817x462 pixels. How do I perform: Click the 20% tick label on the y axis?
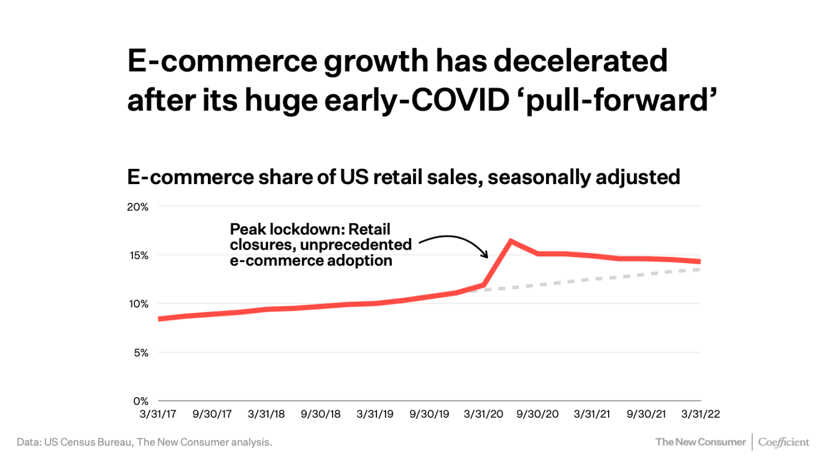[137, 207]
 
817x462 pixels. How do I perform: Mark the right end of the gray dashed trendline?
[699, 269]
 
